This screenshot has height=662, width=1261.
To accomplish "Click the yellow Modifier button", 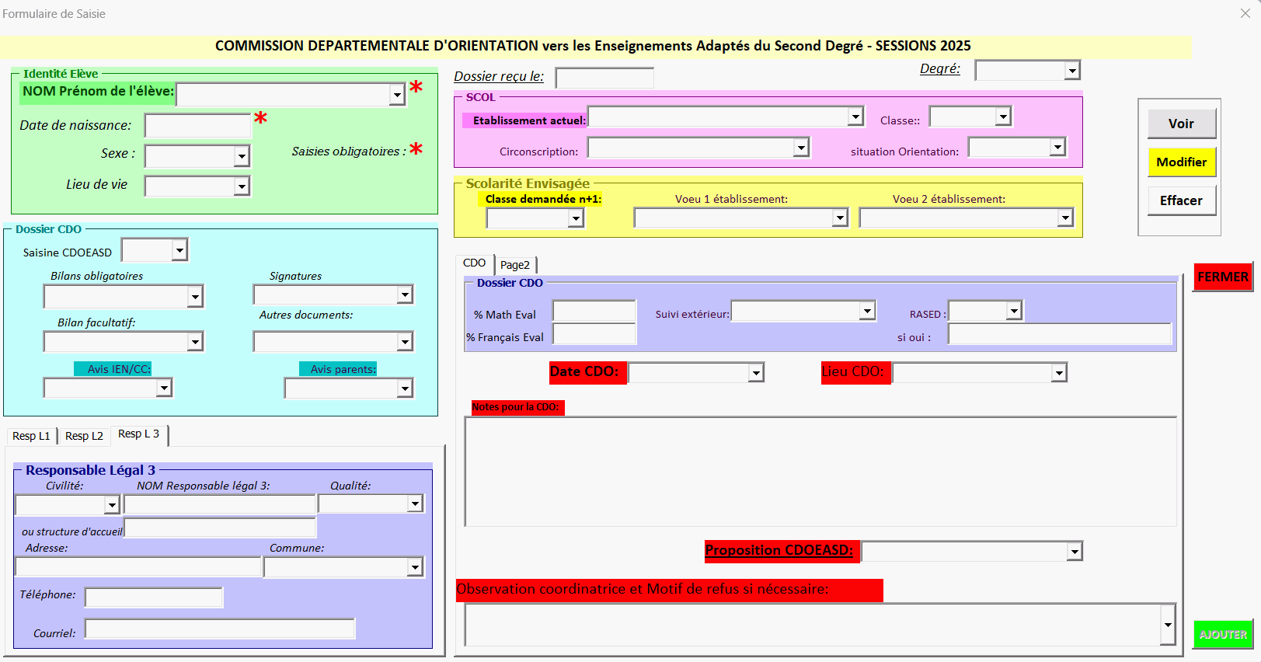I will point(1181,162).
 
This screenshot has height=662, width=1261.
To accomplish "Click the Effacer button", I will point(1181,200).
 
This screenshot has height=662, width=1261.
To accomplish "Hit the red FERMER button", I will point(1223,277).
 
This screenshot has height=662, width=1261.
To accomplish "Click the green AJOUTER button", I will point(1223,635).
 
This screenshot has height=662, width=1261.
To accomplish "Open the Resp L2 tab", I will point(84,436).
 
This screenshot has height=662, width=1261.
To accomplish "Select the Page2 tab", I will point(515,265).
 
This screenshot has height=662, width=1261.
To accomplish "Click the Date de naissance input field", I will point(197,126).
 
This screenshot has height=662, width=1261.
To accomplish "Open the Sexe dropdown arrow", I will point(242,157).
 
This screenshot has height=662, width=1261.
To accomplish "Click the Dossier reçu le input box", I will point(604,78).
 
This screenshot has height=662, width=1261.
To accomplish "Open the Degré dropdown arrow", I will point(1072,71).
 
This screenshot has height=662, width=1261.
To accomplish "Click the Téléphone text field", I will point(154,598).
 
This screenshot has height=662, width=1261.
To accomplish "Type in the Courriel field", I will point(220,629).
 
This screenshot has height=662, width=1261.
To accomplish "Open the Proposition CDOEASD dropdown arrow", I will point(1075,552).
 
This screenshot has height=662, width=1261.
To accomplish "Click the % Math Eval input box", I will point(594,312).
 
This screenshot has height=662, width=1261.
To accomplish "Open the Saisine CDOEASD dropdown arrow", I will point(179,250).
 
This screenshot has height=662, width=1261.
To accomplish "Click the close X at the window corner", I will point(1245,13).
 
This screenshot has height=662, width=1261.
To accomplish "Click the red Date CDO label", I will point(584,371).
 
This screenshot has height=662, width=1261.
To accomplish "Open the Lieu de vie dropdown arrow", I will point(242,186).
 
